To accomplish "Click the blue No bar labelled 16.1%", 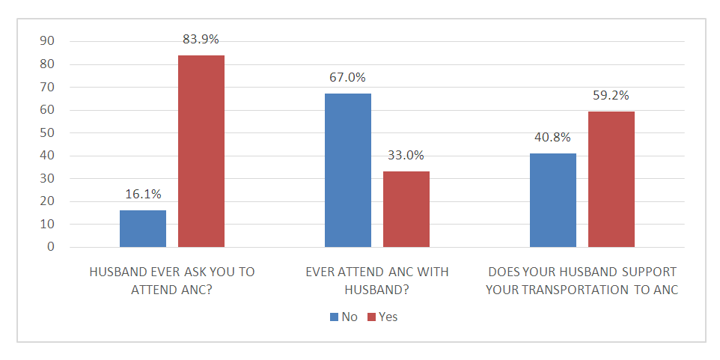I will pyautogui.click(x=143, y=228).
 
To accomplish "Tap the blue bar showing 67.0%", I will pyautogui.click(x=348, y=170).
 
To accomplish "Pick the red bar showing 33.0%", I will pyautogui.click(x=406, y=209).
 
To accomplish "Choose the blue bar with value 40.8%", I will pyautogui.click(x=553, y=200).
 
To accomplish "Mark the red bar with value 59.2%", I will pyautogui.click(x=611, y=179).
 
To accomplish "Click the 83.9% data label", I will pyautogui.click(x=201, y=39).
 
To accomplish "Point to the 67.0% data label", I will pyautogui.click(x=347, y=78).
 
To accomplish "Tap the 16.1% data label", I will pyautogui.click(x=143, y=195).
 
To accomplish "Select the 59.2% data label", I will pyautogui.click(x=611, y=96).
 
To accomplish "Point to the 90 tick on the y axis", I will pyautogui.click(x=47, y=41).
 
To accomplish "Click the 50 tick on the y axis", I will pyautogui.click(x=47, y=132).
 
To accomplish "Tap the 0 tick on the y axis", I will pyautogui.click(x=51, y=247).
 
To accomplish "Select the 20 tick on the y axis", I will pyautogui.click(x=47, y=201).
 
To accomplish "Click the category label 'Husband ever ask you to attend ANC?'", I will pyautogui.click(x=171, y=281).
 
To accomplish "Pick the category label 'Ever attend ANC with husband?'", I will pyautogui.click(x=377, y=281).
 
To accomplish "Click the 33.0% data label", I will pyautogui.click(x=406, y=156).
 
